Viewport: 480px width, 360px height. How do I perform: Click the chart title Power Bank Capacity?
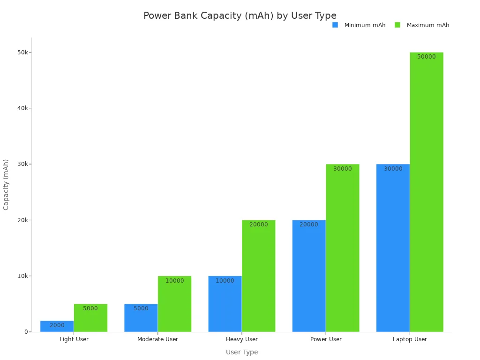pyautogui.click(x=240, y=16)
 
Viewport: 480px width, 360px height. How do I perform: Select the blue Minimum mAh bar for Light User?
pyautogui.click(x=57, y=326)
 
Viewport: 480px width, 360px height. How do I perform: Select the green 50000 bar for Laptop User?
pyautogui.click(x=427, y=192)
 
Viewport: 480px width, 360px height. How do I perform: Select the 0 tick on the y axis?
pyautogui.click(x=27, y=332)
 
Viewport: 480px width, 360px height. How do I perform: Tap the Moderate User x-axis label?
pyautogui.click(x=157, y=339)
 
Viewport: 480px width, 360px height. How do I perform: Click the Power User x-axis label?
pyautogui.click(x=326, y=339)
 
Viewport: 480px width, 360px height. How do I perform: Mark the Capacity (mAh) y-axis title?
pyautogui.click(x=6, y=184)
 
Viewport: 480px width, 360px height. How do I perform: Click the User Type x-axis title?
pyautogui.click(x=242, y=352)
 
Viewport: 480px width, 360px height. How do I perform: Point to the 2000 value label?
pyautogui.click(x=57, y=325)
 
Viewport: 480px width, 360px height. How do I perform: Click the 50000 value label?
pyautogui.click(x=427, y=57)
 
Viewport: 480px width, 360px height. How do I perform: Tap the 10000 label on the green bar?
pyautogui.click(x=175, y=281)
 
